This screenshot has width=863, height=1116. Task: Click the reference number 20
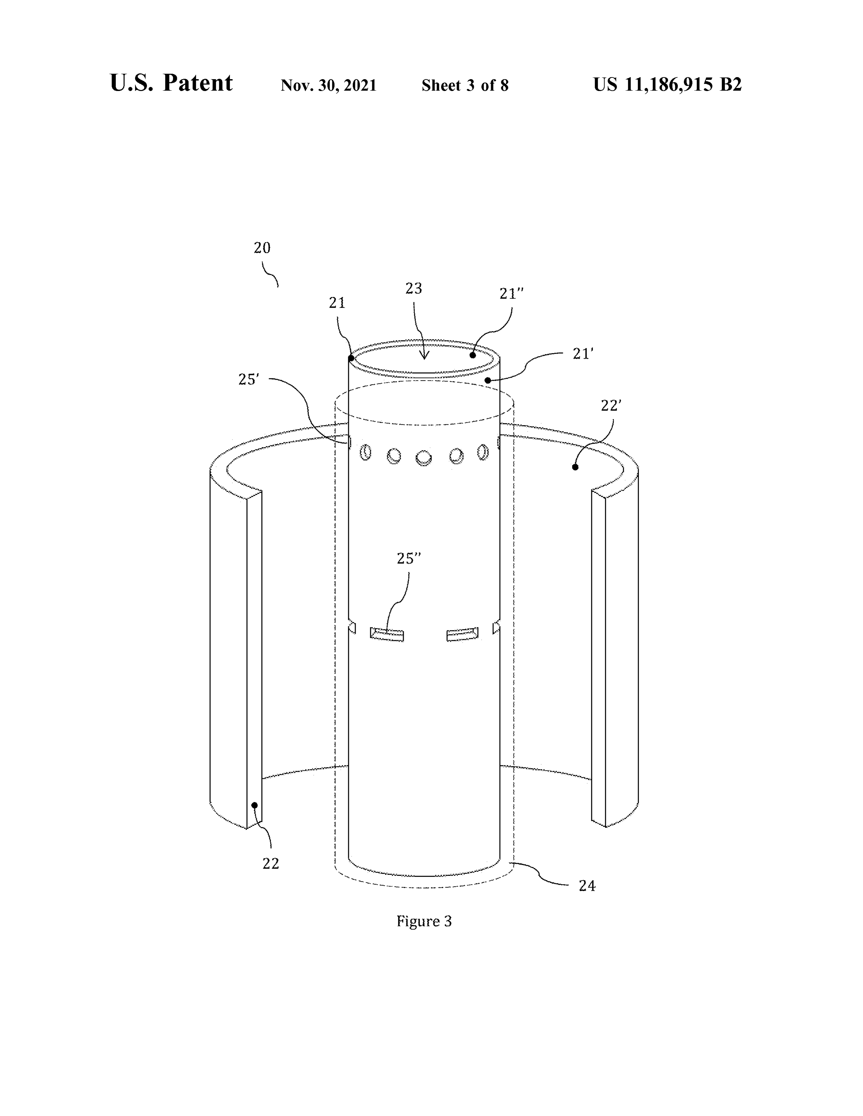[x=262, y=248]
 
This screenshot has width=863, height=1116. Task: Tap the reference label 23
[x=414, y=289]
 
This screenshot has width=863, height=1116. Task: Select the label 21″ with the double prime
[x=512, y=294]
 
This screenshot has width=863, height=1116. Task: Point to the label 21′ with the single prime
[x=583, y=354]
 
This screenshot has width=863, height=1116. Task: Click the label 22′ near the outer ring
[x=611, y=405]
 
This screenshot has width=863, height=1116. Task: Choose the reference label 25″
[x=409, y=559]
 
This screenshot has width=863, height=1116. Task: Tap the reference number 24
[x=587, y=886]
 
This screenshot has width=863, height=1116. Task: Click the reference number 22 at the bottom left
[x=270, y=863]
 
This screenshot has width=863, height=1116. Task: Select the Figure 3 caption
[x=424, y=921]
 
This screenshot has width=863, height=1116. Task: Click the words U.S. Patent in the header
[x=171, y=83]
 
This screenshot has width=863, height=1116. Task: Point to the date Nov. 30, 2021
[x=329, y=85]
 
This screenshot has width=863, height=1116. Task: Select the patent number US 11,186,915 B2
[x=667, y=84]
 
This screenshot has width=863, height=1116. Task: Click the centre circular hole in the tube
[x=423, y=458]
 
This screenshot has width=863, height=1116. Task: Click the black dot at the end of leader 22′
[x=575, y=467]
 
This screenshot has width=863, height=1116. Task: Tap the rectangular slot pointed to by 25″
[x=387, y=634]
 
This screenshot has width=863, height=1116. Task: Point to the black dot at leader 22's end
[x=254, y=805]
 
